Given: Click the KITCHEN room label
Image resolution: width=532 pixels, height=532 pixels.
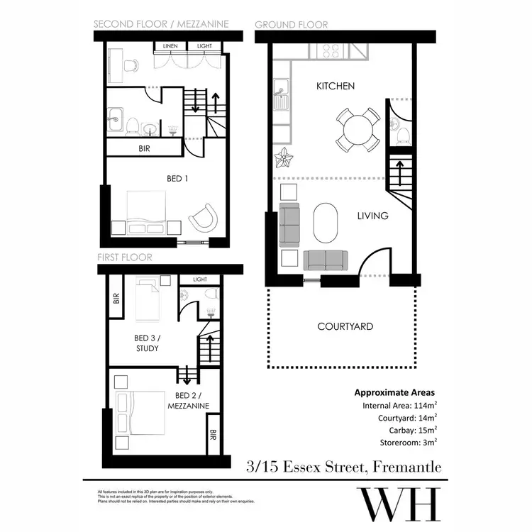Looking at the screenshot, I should click(335, 86).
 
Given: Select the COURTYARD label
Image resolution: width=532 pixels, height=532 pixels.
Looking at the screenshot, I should click(345, 327).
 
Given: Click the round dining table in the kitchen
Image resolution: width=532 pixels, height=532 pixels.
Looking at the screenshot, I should click(358, 129).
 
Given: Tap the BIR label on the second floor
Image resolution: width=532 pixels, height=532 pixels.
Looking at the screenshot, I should click(143, 149).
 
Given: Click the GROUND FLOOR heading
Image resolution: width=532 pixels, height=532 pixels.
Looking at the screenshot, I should click(291, 25).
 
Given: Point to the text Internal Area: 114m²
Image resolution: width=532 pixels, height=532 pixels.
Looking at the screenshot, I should click(399, 406).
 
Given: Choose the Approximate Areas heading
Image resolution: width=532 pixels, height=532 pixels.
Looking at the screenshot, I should click(394, 392).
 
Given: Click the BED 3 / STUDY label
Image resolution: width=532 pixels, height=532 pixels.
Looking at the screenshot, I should click(147, 343).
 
